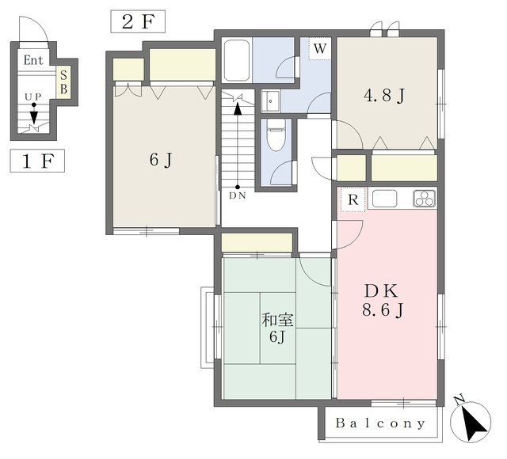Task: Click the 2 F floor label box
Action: click(x=138, y=21)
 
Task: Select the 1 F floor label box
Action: click(x=37, y=161)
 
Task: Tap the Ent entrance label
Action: click(x=33, y=60)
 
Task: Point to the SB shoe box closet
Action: click(x=63, y=82)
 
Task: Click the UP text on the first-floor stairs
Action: click(x=33, y=97)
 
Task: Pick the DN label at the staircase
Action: click(x=238, y=195)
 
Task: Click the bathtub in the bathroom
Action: click(x=237, y=60)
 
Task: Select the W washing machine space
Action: click(x=319, y=49)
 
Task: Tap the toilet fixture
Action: click(x=276, y=135)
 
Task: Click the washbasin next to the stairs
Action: click(x=270, y=101)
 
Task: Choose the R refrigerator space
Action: click(x=353, y=200)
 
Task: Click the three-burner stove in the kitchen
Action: click(x=425, y=199)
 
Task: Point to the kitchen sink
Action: click(x=384, y=199)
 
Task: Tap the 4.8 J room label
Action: click(x=384, y=96)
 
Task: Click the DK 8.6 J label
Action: click(x=383, y=301)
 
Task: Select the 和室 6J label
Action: click(x=277, y=328)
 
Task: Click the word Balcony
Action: click(x=380, y=423)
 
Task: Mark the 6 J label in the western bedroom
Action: click(x=161, y=160)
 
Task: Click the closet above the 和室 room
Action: click(x=257, y=242)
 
